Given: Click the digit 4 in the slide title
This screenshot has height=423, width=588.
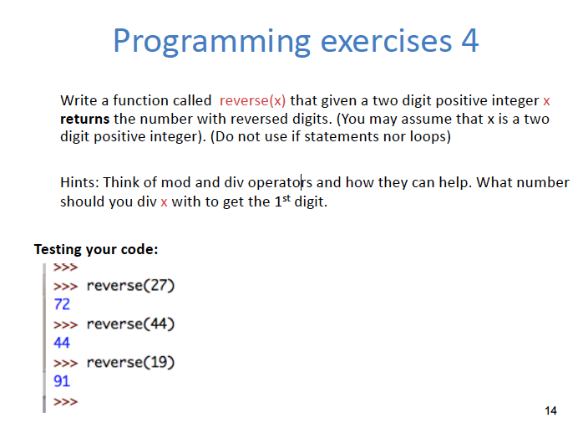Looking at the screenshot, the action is tap(470, 40).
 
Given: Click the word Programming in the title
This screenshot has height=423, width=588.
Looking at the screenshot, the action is tap(212, 42).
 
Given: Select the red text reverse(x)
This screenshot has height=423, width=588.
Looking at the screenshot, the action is tap(252, 100).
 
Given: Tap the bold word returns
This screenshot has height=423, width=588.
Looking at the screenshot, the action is tap(84, 119).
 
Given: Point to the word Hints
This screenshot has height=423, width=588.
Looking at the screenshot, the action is tap(79, 182).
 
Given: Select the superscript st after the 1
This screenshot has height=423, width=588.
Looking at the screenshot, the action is tap(286, 198).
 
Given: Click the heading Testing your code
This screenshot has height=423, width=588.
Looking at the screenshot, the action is tap(96, 250).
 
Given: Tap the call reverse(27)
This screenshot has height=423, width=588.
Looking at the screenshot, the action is tap(130, 286).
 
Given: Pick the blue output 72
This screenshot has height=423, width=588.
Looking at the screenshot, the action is tap(62, 304).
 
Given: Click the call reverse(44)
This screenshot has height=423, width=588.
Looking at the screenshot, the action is tap(130, 324).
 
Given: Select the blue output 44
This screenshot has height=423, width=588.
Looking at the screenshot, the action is tap(62, 343).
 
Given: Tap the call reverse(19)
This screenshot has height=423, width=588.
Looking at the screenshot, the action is tap(130, 362).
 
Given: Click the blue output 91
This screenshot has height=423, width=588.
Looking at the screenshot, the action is tap(62, 381).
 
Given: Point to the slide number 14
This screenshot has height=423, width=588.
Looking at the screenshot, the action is tap(551, 410).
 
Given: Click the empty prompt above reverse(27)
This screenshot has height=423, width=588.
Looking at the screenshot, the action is tap(66, 268).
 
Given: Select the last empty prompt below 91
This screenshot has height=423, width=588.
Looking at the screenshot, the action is tap(66, 401).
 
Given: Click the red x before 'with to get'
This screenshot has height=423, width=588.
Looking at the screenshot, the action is tap(164, 202).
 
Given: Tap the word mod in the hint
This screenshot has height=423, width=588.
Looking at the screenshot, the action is tap(176, 183).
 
